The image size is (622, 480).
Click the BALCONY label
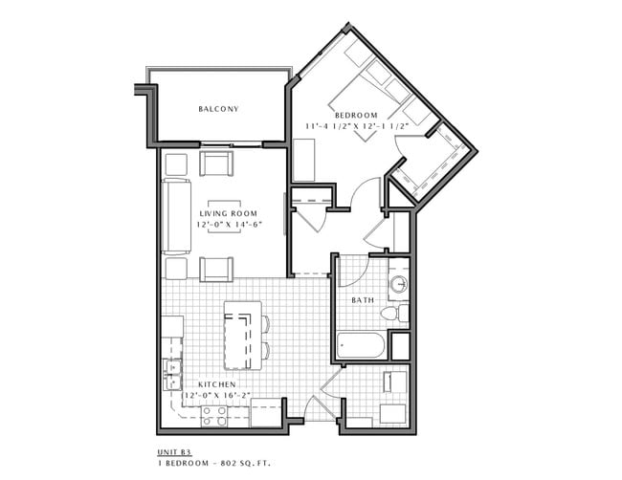218,109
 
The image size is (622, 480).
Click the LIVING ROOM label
230,213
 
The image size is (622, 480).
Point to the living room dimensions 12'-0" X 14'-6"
230,225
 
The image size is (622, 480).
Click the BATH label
363,300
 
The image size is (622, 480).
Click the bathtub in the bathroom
361,344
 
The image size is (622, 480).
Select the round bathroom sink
398,286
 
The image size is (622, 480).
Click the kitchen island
243,336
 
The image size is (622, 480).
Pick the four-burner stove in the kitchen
213,415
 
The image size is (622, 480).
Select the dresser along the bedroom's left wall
303,160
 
